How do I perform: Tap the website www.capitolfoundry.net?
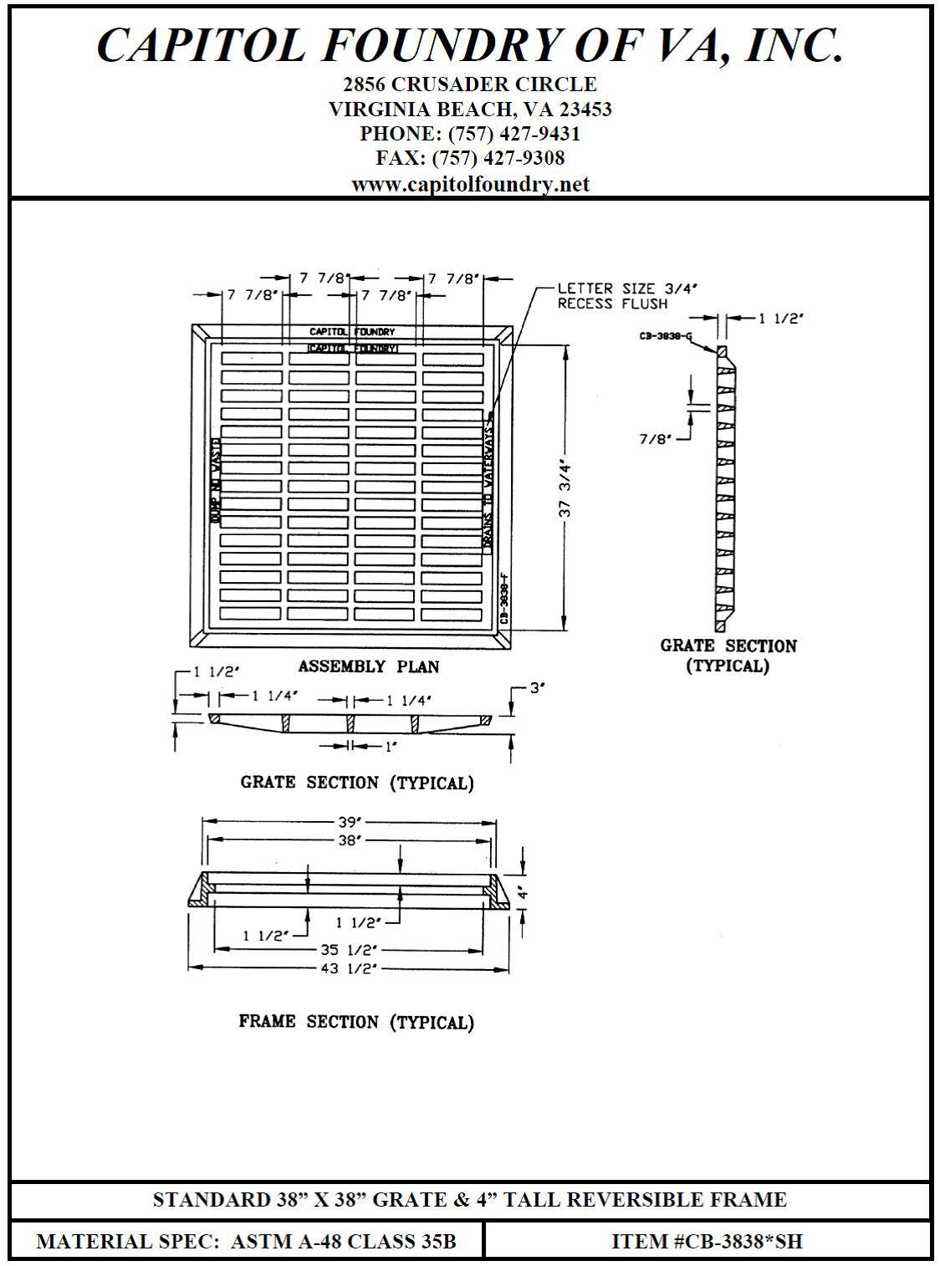(x=470, y=184)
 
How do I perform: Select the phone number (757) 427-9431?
(x=514, y=134)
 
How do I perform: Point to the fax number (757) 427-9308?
(x=498, y=158)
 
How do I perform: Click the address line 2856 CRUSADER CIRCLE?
(x=470, y=84)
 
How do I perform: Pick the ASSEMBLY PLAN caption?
(x=368, y=666)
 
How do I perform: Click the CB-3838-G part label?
(x=664, y=336)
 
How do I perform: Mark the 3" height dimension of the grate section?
(x=537, y=688)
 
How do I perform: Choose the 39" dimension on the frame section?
(x=346, y=823)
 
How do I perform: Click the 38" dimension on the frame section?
(x=346, y=840)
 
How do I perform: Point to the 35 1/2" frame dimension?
(x=350, y=950)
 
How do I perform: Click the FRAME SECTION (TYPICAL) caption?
(x=356, y=1022)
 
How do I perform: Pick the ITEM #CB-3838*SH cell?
(x=707, y=1242)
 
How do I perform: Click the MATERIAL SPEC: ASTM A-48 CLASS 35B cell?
(x=247, y=1242)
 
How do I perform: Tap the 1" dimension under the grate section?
(x=389, y=747)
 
